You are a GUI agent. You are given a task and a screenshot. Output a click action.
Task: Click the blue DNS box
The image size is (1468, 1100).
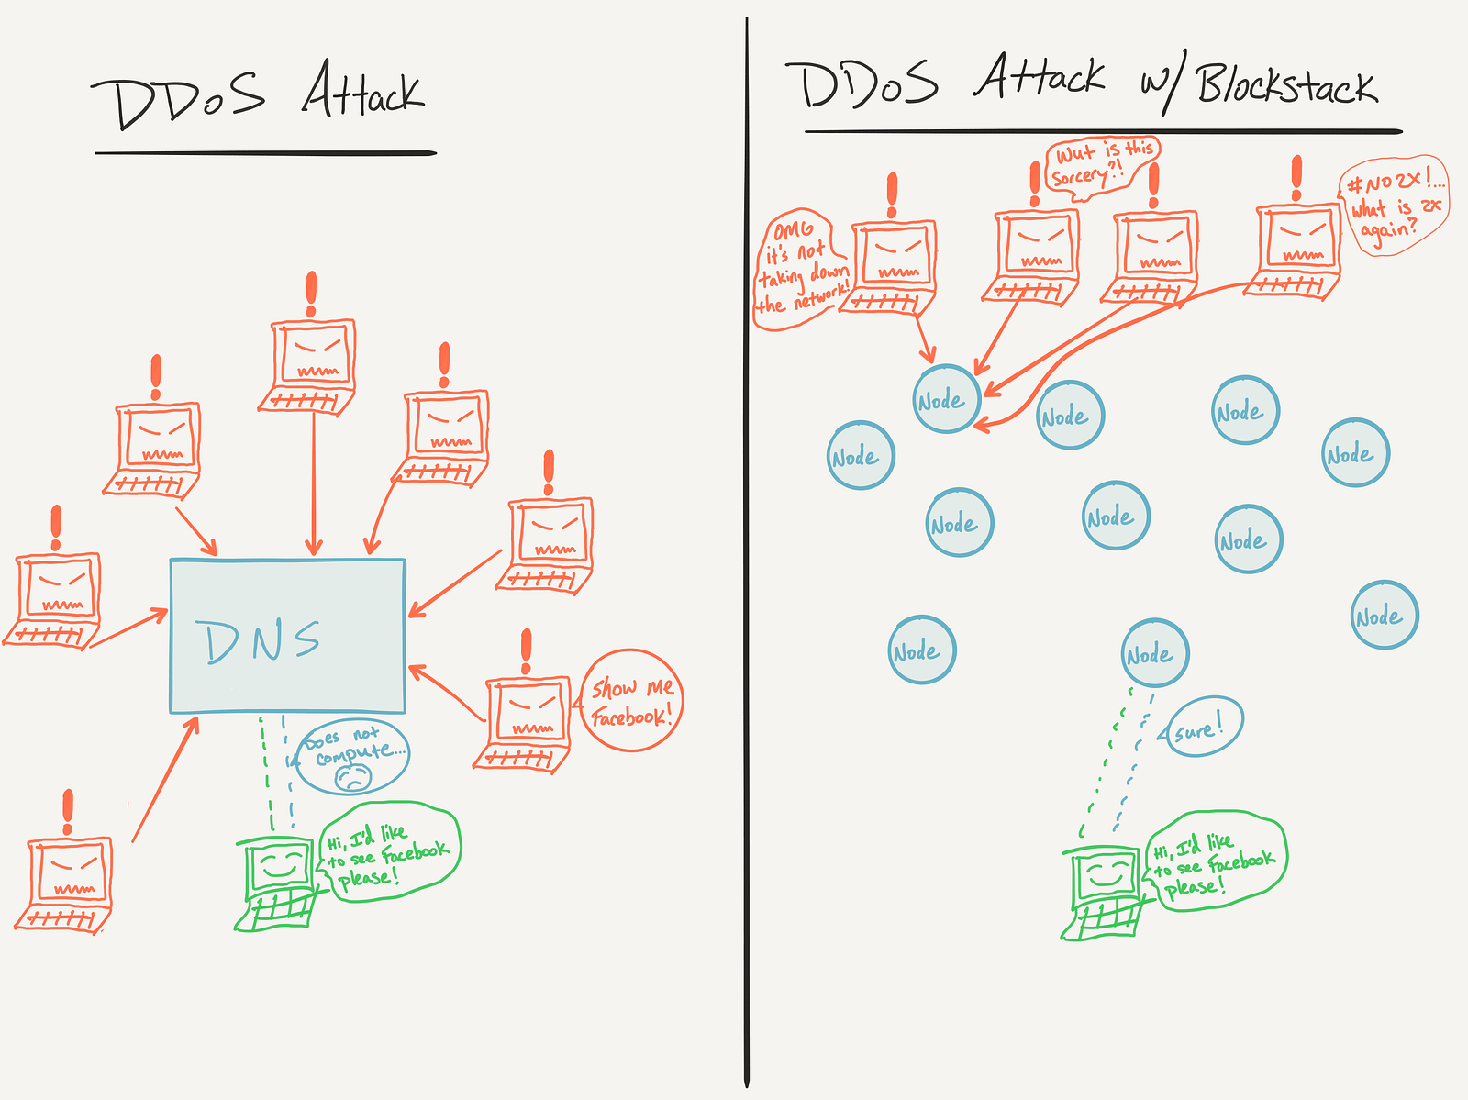coord(287,635)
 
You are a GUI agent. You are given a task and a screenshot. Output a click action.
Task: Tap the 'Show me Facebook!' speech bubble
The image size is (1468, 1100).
coord(632,701)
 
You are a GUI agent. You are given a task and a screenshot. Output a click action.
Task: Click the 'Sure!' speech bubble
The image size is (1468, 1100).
coord(1205,727)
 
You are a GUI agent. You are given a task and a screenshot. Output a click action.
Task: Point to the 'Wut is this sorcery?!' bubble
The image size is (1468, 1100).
coord(1101,163)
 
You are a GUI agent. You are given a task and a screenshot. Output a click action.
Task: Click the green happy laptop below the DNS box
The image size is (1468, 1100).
coord(278,882)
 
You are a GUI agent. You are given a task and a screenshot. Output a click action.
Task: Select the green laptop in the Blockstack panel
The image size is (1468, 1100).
coord(1105,891)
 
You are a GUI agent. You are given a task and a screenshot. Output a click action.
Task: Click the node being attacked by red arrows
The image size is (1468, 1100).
coord(946,399)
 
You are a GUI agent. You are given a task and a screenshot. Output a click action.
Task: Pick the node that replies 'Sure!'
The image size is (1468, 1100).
coord(1154,653)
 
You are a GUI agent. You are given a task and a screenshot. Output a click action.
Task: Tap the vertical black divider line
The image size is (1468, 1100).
coord(747,550)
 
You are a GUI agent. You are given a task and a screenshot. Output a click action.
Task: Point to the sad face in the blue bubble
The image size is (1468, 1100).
coord(352,778)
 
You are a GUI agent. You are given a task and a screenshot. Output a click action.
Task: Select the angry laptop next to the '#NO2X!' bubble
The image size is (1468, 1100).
coord(1295,248)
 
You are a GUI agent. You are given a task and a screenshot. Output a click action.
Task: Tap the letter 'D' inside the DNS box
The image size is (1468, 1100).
coord(220,641)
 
